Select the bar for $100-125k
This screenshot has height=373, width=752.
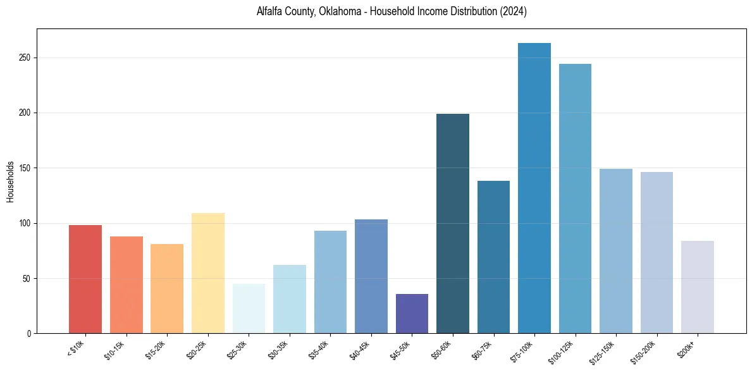tap(575, 199)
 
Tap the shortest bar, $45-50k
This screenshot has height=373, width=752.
tap(412, 314)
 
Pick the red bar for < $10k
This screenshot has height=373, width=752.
tap(85, 279)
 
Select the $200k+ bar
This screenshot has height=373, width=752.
tap(697, 287)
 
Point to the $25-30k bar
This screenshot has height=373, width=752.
tap(249, 309)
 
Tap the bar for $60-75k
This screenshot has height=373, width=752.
tap(493, 257)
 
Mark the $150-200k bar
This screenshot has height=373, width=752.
tap(656, 252)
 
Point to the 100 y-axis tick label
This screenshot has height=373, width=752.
tap(25, 223)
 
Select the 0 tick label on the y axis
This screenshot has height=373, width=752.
tap(29, 334)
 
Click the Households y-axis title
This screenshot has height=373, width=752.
tap(10, 181)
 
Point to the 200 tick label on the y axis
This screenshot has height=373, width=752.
tap(25, 113)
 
